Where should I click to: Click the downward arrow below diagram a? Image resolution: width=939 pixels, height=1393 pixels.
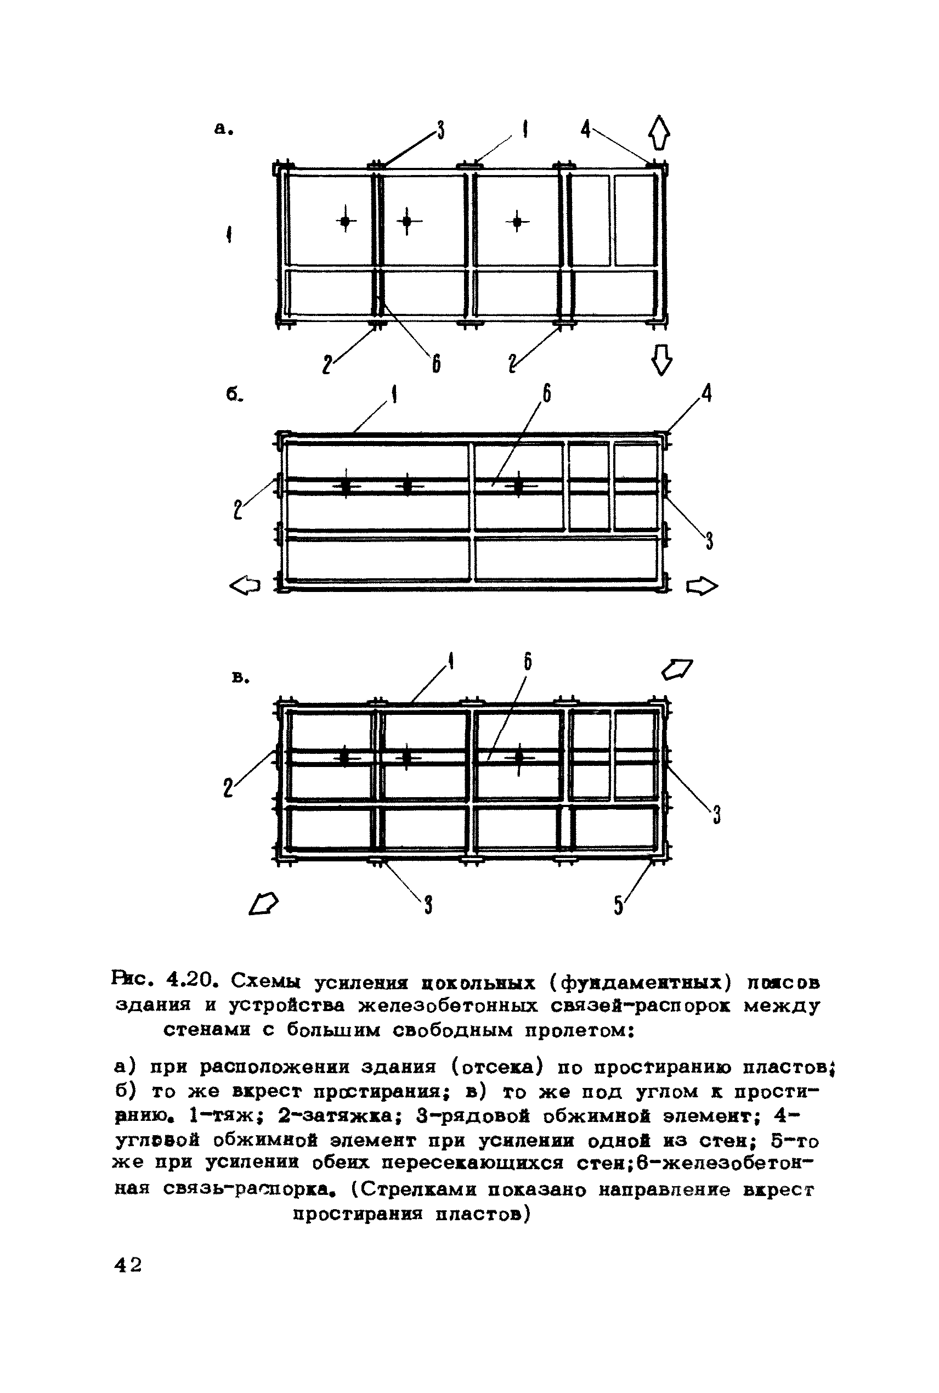pos(661,361)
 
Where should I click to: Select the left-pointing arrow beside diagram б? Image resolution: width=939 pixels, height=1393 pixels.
pos(246,586)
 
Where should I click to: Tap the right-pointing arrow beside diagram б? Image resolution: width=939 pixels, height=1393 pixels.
pos(702,586)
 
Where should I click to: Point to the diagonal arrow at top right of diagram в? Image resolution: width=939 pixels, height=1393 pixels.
pos(677,669)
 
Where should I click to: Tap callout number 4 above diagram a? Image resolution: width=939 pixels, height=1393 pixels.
pos(586,129)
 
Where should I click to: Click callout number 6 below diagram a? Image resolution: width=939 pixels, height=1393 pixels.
pos(437,363)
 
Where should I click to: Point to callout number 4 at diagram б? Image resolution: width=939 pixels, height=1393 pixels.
pos(706,393)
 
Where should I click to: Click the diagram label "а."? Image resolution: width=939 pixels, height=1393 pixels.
pos(223,129)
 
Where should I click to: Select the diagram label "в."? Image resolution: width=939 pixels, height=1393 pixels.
pos(240,678)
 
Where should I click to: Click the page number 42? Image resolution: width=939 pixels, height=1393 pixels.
pos(128,1265)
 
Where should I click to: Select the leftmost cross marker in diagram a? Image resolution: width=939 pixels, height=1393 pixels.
pos(346,222)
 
